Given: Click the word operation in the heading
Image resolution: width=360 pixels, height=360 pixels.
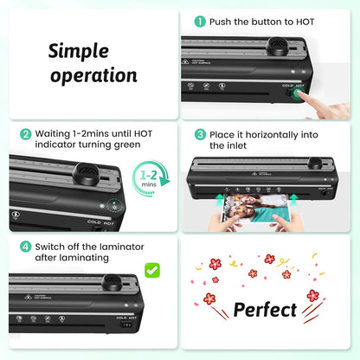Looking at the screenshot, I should pyautogui.click(x=93, y=74).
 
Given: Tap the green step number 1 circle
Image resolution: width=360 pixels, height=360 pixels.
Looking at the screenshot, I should pyautogui.click(x=200, y=21).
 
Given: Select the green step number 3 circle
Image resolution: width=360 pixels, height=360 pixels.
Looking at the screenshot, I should pyautogui.click(x=200, y=134).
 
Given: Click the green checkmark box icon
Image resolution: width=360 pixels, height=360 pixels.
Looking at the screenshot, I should pyautogui.click(x=152, y=271).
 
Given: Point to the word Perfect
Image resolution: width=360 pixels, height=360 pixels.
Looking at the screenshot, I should pyautogui.click(x=265, y=309).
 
